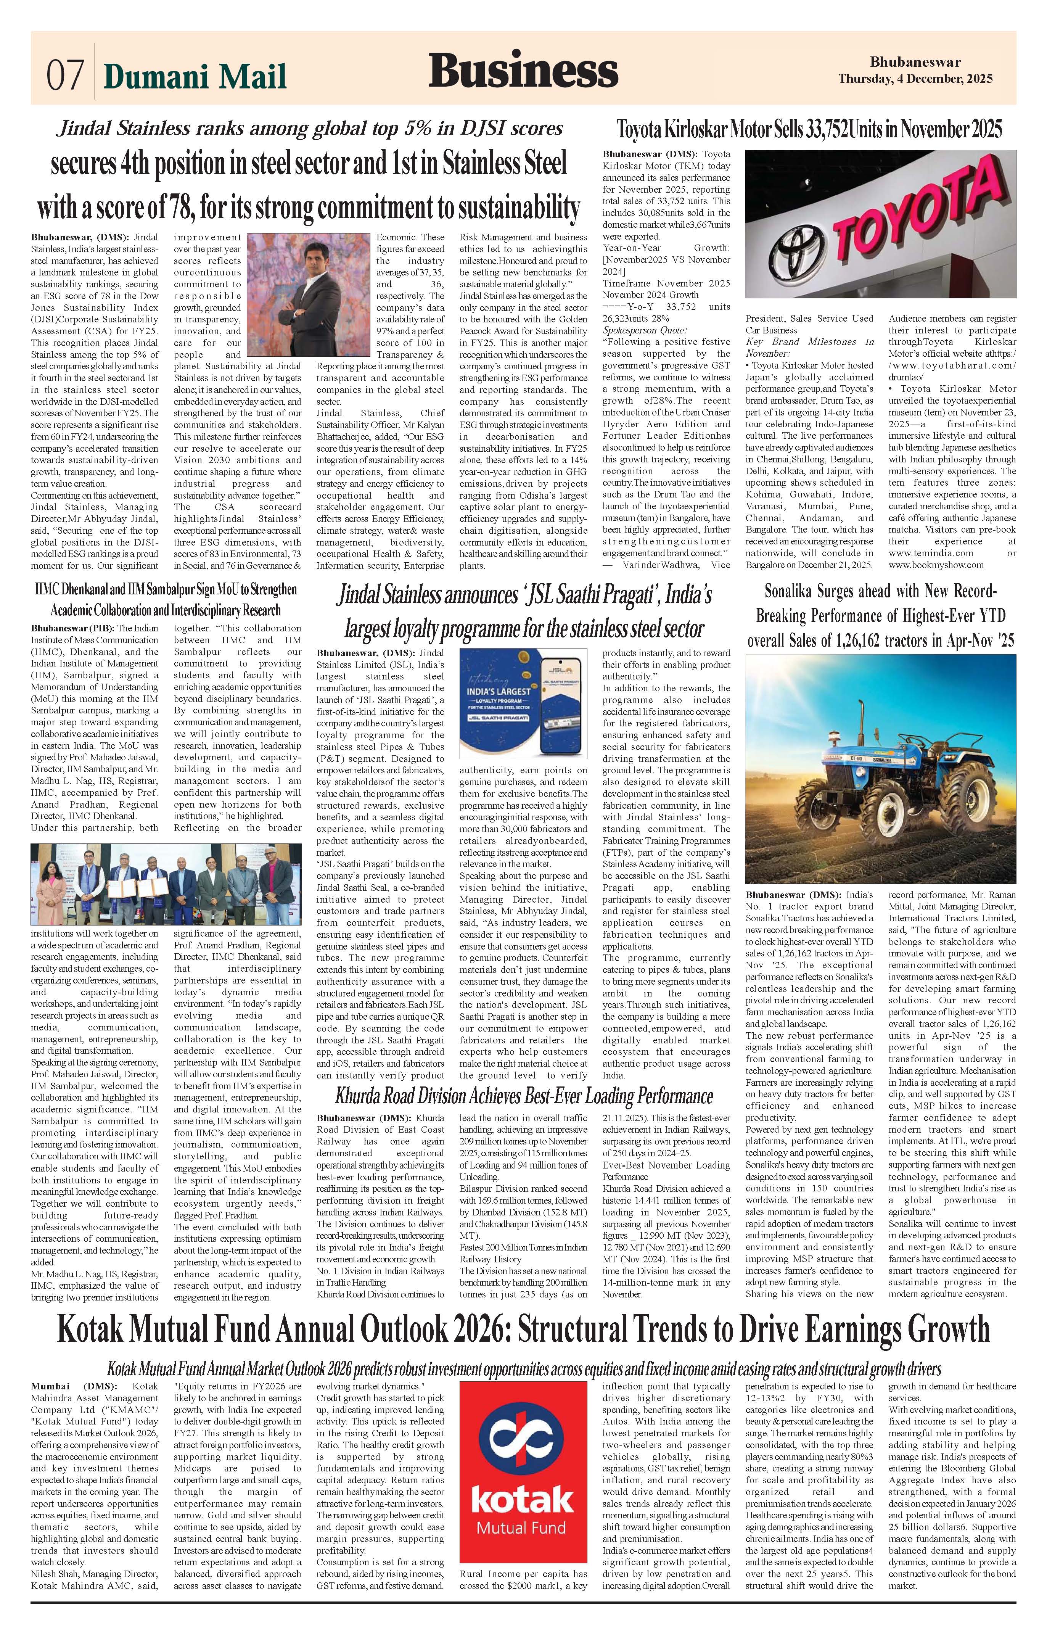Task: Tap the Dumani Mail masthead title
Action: [x=195, y=76]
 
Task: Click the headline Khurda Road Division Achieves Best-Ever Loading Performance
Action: [x=523, y=1096]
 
